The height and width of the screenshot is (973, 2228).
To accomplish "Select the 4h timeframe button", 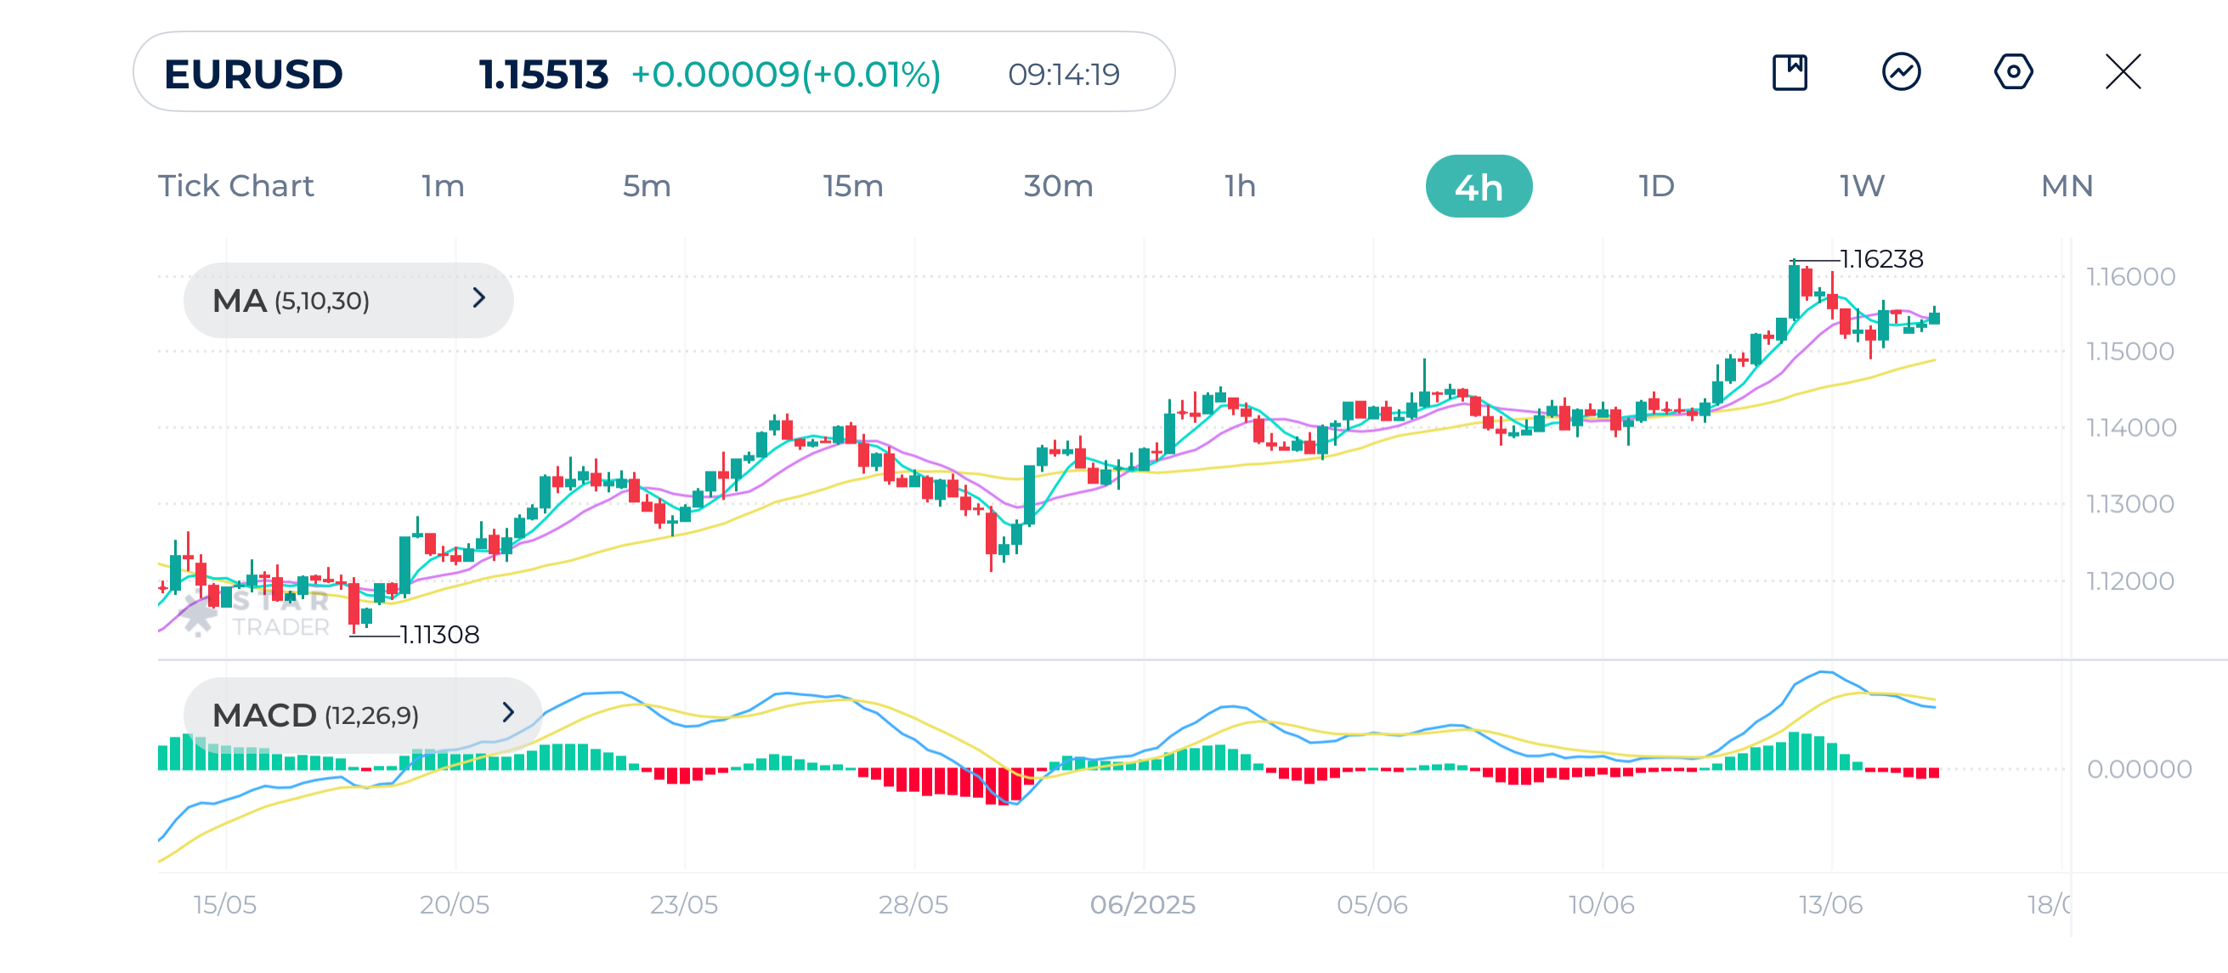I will [x=1479, y=186].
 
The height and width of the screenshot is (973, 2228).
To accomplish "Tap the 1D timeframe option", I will [x=1656, y=186].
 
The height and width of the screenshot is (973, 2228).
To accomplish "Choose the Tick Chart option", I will [x=235, y=186].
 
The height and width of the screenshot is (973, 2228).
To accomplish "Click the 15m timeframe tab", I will [x=852, y=186].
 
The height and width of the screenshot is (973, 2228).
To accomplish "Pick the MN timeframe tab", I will [x=2067, y=186].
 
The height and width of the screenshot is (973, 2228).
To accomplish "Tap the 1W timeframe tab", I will [x=1861, y=186].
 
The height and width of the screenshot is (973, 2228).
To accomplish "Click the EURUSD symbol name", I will [x=253, y=74].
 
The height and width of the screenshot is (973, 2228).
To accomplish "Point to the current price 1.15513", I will [x=543, y=74].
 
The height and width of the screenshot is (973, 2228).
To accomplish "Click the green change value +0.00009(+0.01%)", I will [x=785, y=74].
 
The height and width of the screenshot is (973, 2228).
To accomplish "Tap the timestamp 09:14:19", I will [x=1063, y=75].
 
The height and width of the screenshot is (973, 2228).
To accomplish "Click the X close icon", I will [x=2123, y=71].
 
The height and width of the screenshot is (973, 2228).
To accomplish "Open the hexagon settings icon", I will [x=2013, y=71].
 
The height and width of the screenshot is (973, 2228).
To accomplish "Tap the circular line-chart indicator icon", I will [x=1901, y=71].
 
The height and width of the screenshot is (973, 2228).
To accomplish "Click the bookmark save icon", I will [x=1790, y=71].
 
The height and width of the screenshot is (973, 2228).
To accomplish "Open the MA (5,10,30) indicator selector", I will [x=348, y=300].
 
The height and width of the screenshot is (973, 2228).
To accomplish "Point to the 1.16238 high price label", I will [x=1881, y=258].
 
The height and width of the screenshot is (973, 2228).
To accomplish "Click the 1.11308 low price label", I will [x=439, y=634].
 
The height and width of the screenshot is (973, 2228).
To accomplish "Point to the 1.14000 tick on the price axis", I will [x=2130, y=427].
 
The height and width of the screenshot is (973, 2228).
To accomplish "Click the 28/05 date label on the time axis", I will [x=913, y=904].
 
